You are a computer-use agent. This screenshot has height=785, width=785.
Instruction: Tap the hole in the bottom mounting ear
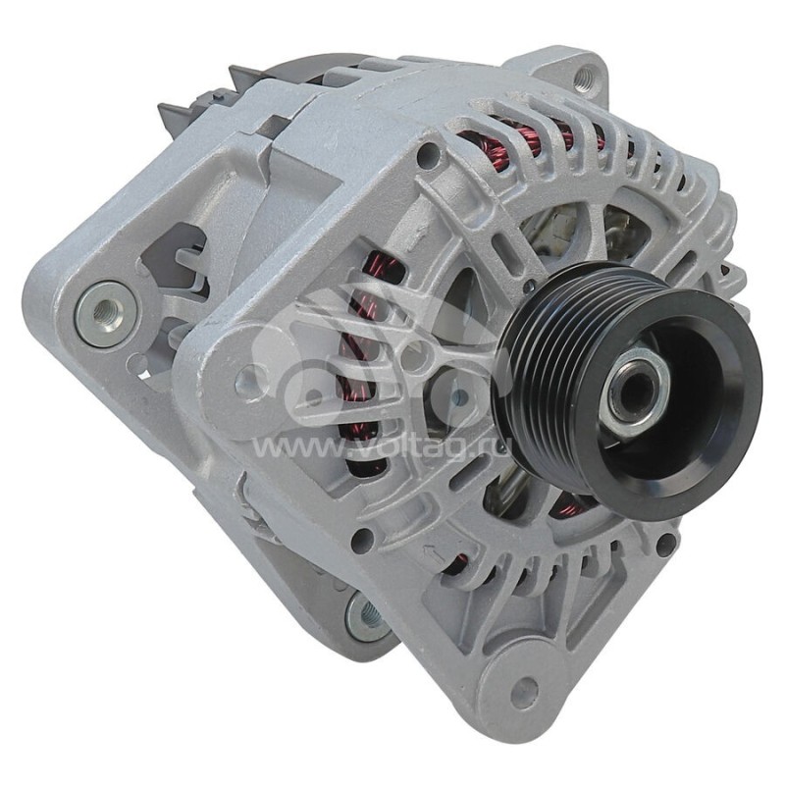pos(527,693)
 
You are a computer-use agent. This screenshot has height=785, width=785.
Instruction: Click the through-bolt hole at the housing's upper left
pos(428,155)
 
